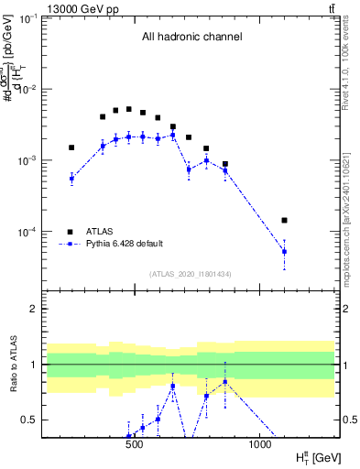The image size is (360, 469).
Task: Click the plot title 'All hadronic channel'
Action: pyautogui.click(x=191, y=38)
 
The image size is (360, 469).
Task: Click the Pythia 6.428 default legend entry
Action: pyautogui.click(x=124, y=244)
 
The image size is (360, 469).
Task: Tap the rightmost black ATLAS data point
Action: pyautogui.click(x=284, y=221)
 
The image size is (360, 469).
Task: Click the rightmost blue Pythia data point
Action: pyautogui.click(x=284, y=251)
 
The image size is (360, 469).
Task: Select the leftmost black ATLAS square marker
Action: pyautogui.click(x=71, y=147)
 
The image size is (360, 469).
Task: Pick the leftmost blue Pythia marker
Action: pyautogui.click(x=71, y=179)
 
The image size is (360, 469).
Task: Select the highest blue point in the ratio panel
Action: pyautogui.click(x=225, y=381)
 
